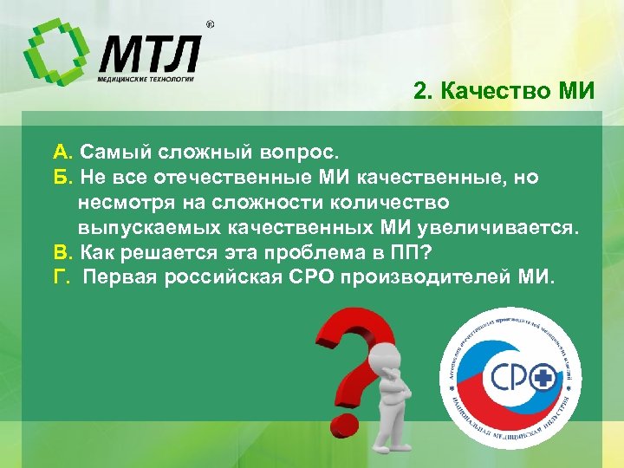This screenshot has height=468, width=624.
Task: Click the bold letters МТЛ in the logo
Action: [x=148, y=55]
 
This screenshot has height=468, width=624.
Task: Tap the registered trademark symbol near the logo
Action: [x=210, y=25]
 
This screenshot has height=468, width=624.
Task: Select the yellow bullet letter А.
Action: [x=61, y=153]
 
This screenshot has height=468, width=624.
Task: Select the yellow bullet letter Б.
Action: [x=61, y=178]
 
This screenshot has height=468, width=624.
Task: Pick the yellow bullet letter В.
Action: [x=61, y=253]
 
